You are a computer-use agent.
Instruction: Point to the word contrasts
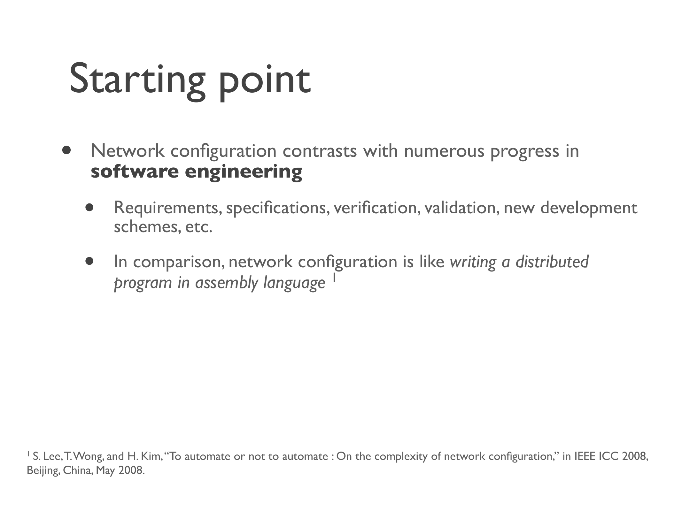point(320,151)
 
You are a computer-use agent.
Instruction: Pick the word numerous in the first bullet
point(445,152)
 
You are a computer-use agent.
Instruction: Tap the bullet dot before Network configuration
point(66,150)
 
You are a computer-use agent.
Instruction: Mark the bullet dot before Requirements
point(89,207)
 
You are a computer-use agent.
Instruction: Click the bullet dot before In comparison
point(89,261)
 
